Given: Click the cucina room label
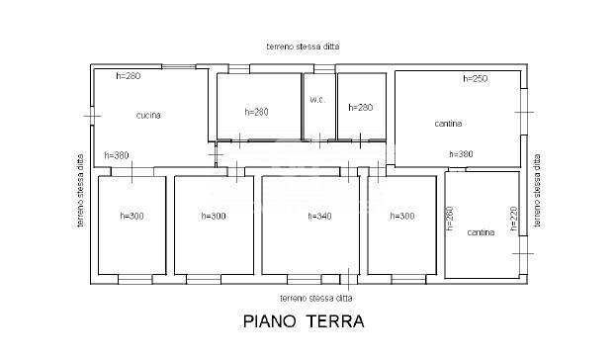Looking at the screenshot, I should (x=148, y=116).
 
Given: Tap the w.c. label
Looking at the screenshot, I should (x=317, y=99).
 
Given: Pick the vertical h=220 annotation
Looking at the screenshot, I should (x=514, y=220).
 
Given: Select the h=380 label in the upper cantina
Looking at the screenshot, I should (x=461, y=154).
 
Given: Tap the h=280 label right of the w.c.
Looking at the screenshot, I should (x=359, y=108).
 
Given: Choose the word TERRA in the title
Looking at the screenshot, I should (x=337, y=321).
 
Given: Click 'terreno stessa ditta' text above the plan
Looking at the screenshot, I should (x=302, y=46).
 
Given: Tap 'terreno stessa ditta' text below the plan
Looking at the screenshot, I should (x=315, y=297).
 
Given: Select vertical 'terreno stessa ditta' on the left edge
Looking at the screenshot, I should (x=81, y=191).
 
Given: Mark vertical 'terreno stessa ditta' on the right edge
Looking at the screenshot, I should (x=539, y=191).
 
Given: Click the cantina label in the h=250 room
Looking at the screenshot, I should (x=449, y=124).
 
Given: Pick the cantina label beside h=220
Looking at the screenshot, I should (x=481, y=232).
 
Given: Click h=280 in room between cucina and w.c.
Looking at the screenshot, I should (x=255, y=112).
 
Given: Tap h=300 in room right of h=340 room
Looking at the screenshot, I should (x=402, y=216).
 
